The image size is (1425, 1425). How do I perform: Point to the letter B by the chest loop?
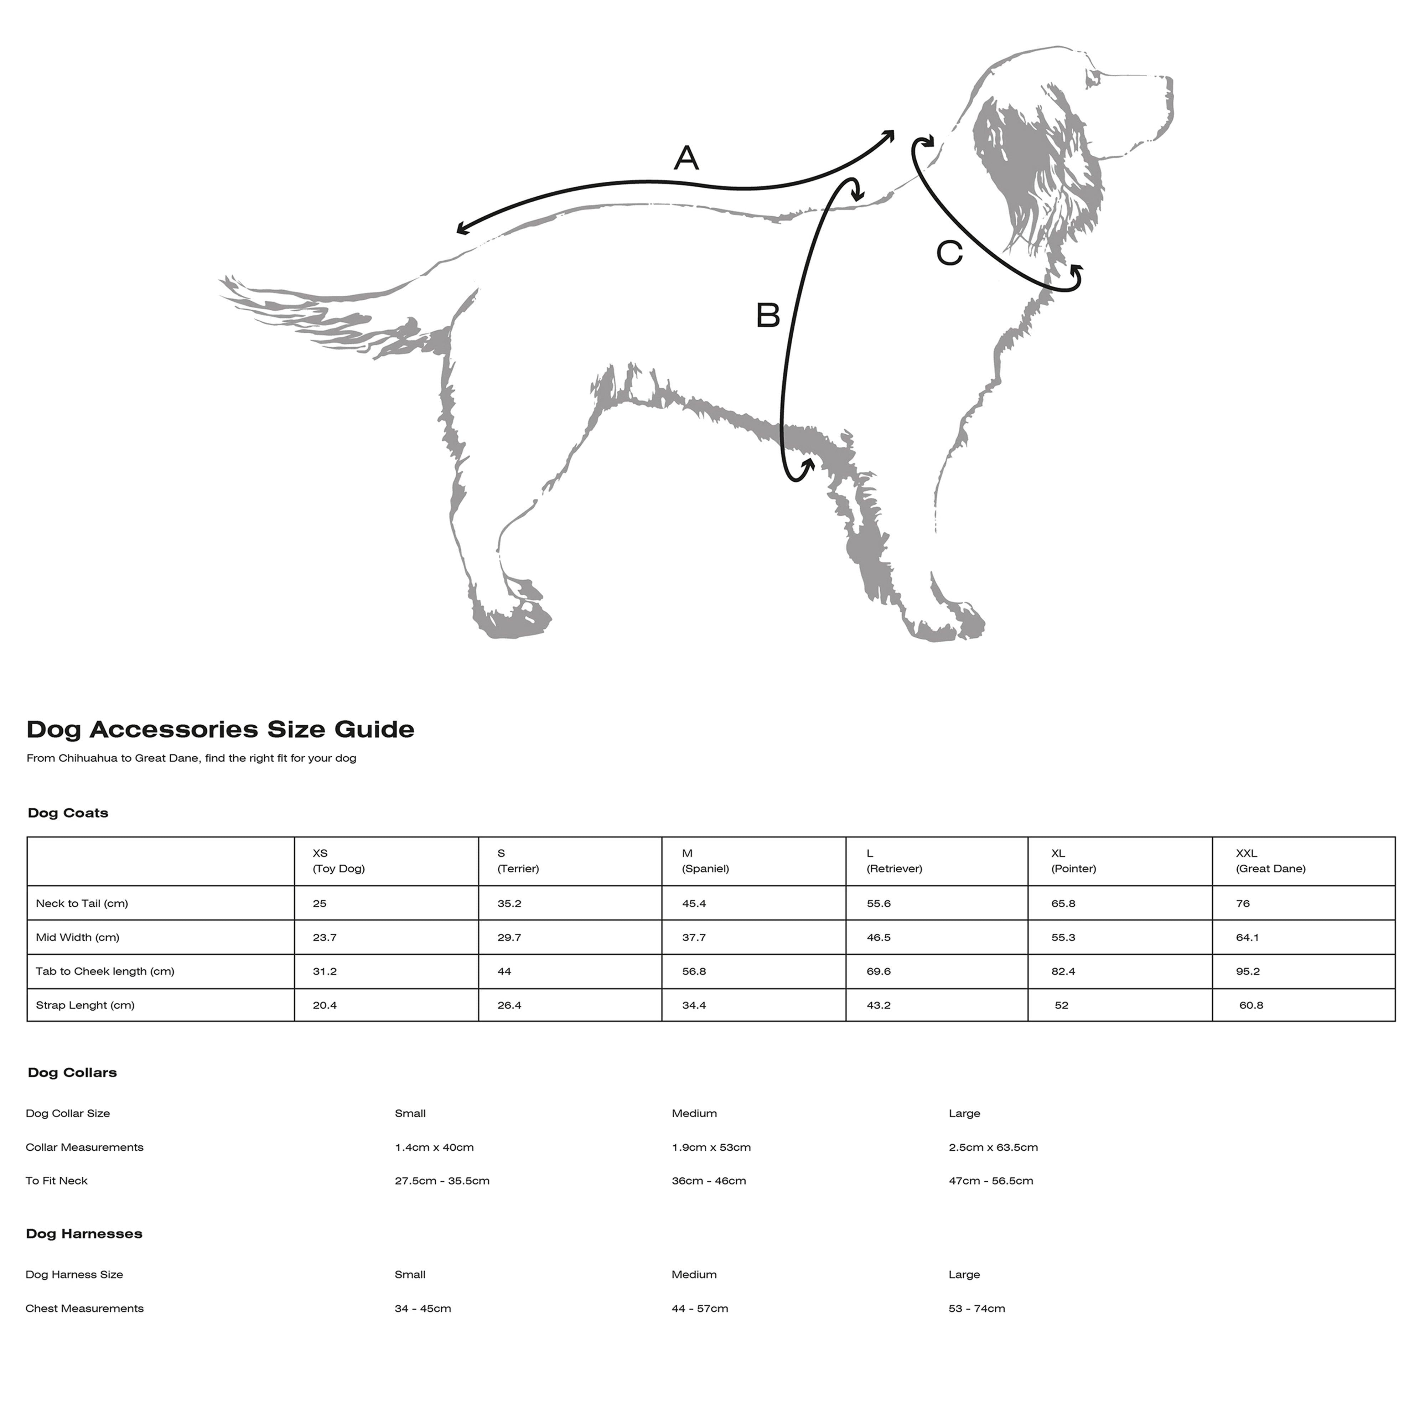point(768,316)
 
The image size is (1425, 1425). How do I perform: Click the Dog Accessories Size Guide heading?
point(221,730)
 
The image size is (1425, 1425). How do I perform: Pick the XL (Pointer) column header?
point(1073,861)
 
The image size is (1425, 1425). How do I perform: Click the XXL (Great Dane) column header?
point(1270,861)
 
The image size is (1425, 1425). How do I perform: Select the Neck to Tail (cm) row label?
point(82,903)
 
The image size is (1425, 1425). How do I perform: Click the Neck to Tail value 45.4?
point(694,903)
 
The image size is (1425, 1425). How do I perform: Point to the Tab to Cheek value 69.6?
point(879,971)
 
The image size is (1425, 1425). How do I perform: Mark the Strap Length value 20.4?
point(325,1005)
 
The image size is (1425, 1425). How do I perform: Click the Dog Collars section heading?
point(72,1072)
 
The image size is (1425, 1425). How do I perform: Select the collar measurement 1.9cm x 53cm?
point(711,1147)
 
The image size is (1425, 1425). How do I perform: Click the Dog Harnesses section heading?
point(84,1233)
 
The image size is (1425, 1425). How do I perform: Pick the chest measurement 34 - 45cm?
point(423,1309)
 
